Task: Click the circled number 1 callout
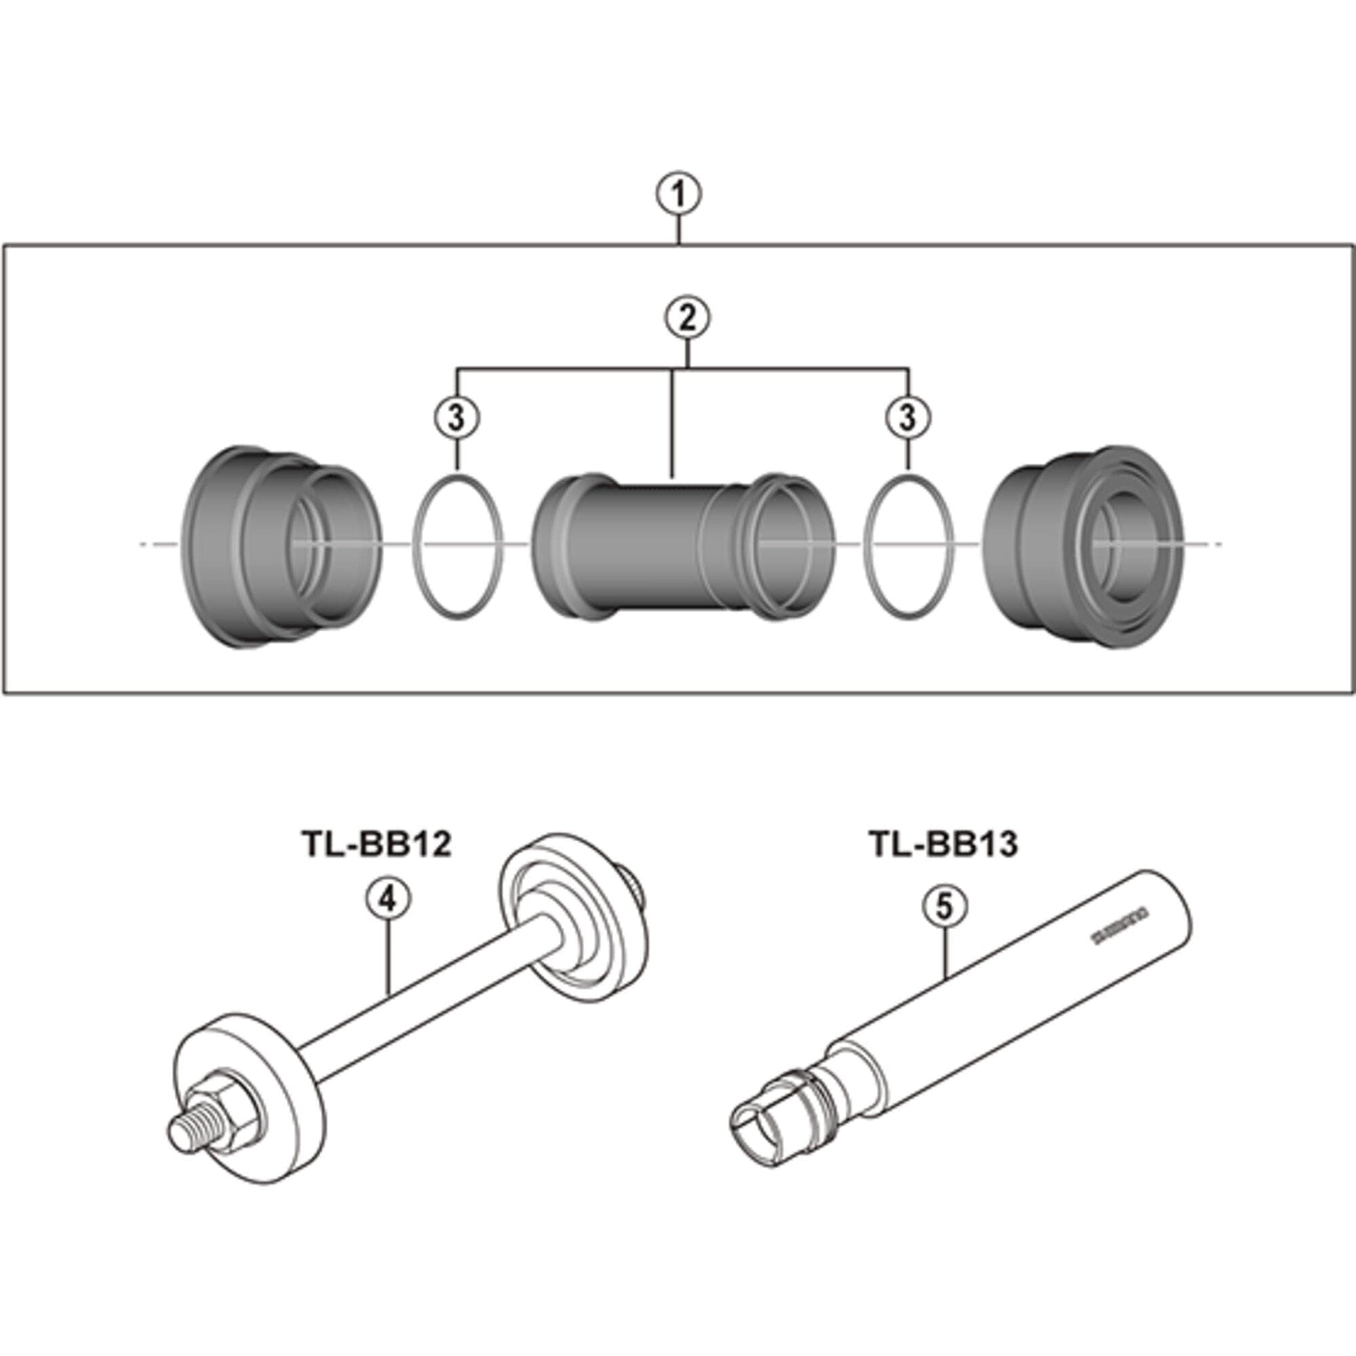point(679,195)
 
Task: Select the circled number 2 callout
point(687,319)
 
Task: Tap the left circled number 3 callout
point(457,418)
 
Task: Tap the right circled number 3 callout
point(909,418)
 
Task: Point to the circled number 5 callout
point(944,906)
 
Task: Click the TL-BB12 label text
point(376,844)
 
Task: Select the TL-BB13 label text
point(943,844)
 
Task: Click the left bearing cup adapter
point(281,547)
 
